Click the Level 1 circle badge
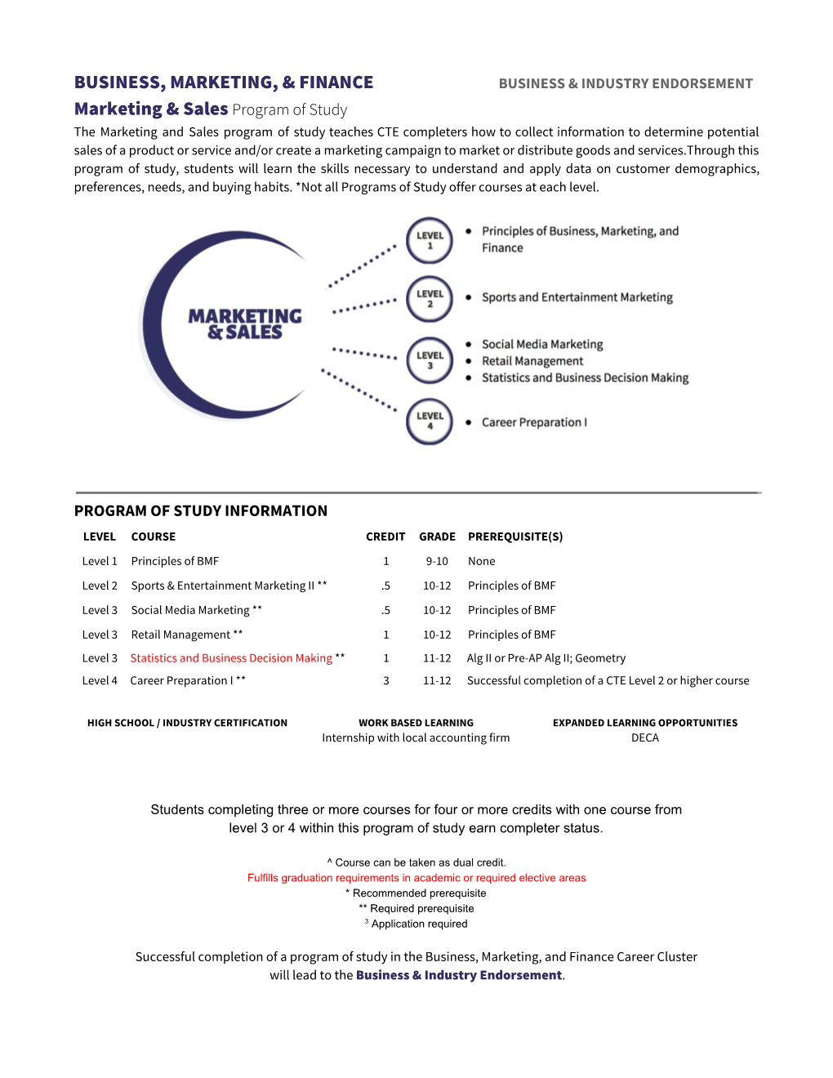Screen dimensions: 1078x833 (430, 240)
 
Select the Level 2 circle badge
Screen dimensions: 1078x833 (430, 299)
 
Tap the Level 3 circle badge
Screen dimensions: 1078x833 (430, 360)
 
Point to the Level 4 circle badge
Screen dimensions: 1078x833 (430, 421)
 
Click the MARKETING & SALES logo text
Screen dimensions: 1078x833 (244, 324)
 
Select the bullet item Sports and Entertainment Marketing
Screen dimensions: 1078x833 (577, 297)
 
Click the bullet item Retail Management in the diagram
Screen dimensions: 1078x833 (532, 361)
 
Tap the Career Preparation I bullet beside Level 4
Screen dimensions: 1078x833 (534, 422)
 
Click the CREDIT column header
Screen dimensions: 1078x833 (385, 537)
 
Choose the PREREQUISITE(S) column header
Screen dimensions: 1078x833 (515, 537)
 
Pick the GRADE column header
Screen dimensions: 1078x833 (437, 537)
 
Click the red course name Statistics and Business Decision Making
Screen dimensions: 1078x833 (231, 658)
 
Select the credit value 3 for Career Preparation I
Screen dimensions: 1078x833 (386, 680)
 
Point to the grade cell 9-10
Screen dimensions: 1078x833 (437, 561)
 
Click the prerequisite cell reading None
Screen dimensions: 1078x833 (482, 561)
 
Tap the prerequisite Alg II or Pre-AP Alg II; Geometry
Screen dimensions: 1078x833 (546, 658)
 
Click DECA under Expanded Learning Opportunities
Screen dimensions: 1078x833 (645, 737)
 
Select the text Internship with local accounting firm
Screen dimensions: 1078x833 (416, 737)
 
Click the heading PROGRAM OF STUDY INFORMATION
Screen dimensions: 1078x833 (201, 511)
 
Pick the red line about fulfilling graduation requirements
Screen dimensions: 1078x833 (416, 878)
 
